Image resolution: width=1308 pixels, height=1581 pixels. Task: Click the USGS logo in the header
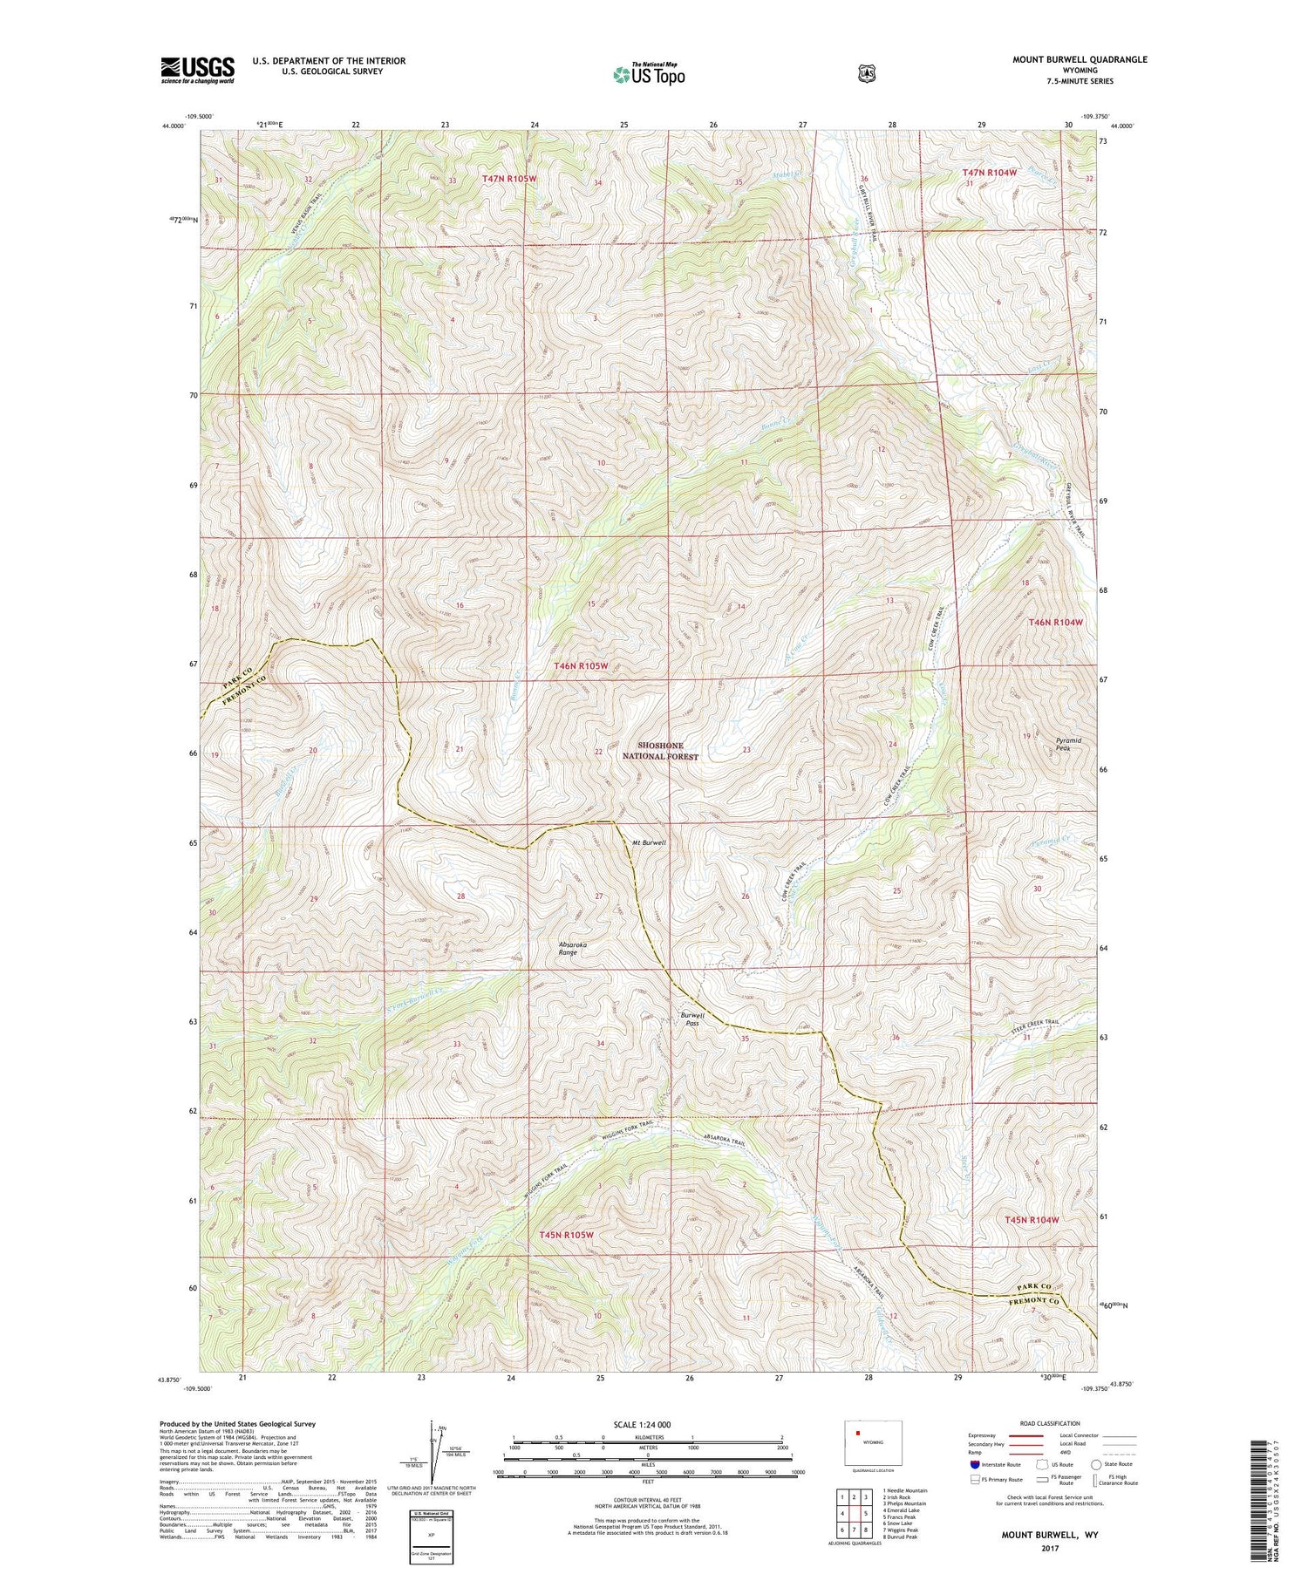click(198, 69)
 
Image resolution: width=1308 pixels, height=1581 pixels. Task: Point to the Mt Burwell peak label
click(649, 842)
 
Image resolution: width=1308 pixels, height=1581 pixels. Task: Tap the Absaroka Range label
click(568, 948)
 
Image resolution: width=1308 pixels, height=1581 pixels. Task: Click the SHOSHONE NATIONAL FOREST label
click(668, 752)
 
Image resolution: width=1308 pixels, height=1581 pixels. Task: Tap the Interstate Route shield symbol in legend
click(974, 1464)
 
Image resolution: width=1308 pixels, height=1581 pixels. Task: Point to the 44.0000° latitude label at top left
click(174, 126)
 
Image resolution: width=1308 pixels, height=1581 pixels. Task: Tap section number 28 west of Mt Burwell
click(461, 896)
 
